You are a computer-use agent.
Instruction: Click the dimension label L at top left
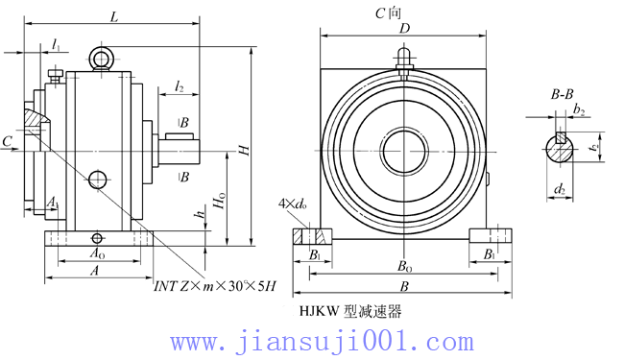pyautogui.click(x=114, y=17)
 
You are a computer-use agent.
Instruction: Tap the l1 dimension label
pyautogui.click(x=57, y=46)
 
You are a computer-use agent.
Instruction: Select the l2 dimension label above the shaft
pyautogui.click(x=180, y=87)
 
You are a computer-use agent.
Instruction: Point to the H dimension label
pyautogui.click(x=244, y=151)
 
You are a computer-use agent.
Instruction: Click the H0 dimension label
pyautogui.click(x=221, y=203)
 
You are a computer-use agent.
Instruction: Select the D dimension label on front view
pyautogui.click(x=405, y=30)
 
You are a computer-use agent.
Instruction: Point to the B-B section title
pyautogui.click(x=562, y=94)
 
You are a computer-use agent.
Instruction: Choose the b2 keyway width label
pyautogui.click(x=579, y=111)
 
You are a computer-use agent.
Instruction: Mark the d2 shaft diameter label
pyautogui.click(x=559, y=189)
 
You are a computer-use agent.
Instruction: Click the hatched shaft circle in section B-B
pyautogui.click(x=559, y=150)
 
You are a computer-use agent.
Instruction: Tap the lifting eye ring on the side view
pyautogui.click(x=101, y=60)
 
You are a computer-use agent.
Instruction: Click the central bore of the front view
pyautogui.click(x=405, y=153)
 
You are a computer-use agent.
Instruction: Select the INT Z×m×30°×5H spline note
pyautogui.click(x=215, y=285)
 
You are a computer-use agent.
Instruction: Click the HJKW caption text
pyautogui.click(x=349, y=311)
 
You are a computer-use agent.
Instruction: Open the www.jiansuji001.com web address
pyautogui.click(x=322, y=341)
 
